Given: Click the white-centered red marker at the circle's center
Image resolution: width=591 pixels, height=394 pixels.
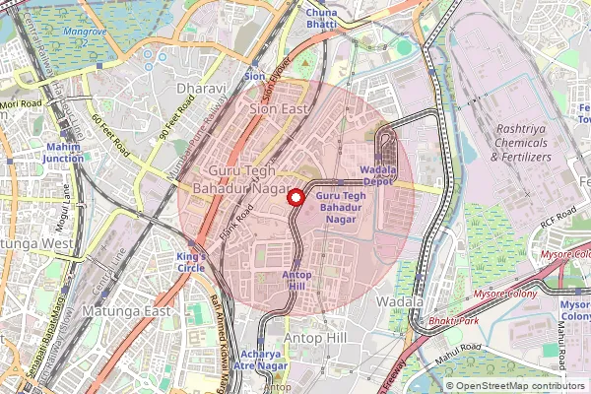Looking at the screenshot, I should coord(294,196).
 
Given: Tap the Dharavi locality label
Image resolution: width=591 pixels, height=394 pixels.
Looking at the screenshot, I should coord(201,89).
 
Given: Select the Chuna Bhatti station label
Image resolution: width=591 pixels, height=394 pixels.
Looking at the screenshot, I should coord(320,18).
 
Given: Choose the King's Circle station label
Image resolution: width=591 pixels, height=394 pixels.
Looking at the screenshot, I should coord(193,262).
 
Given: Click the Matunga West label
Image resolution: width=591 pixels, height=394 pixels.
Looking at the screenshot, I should coord(35,243).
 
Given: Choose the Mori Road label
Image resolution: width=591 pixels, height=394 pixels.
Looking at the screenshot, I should coord(21,103).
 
